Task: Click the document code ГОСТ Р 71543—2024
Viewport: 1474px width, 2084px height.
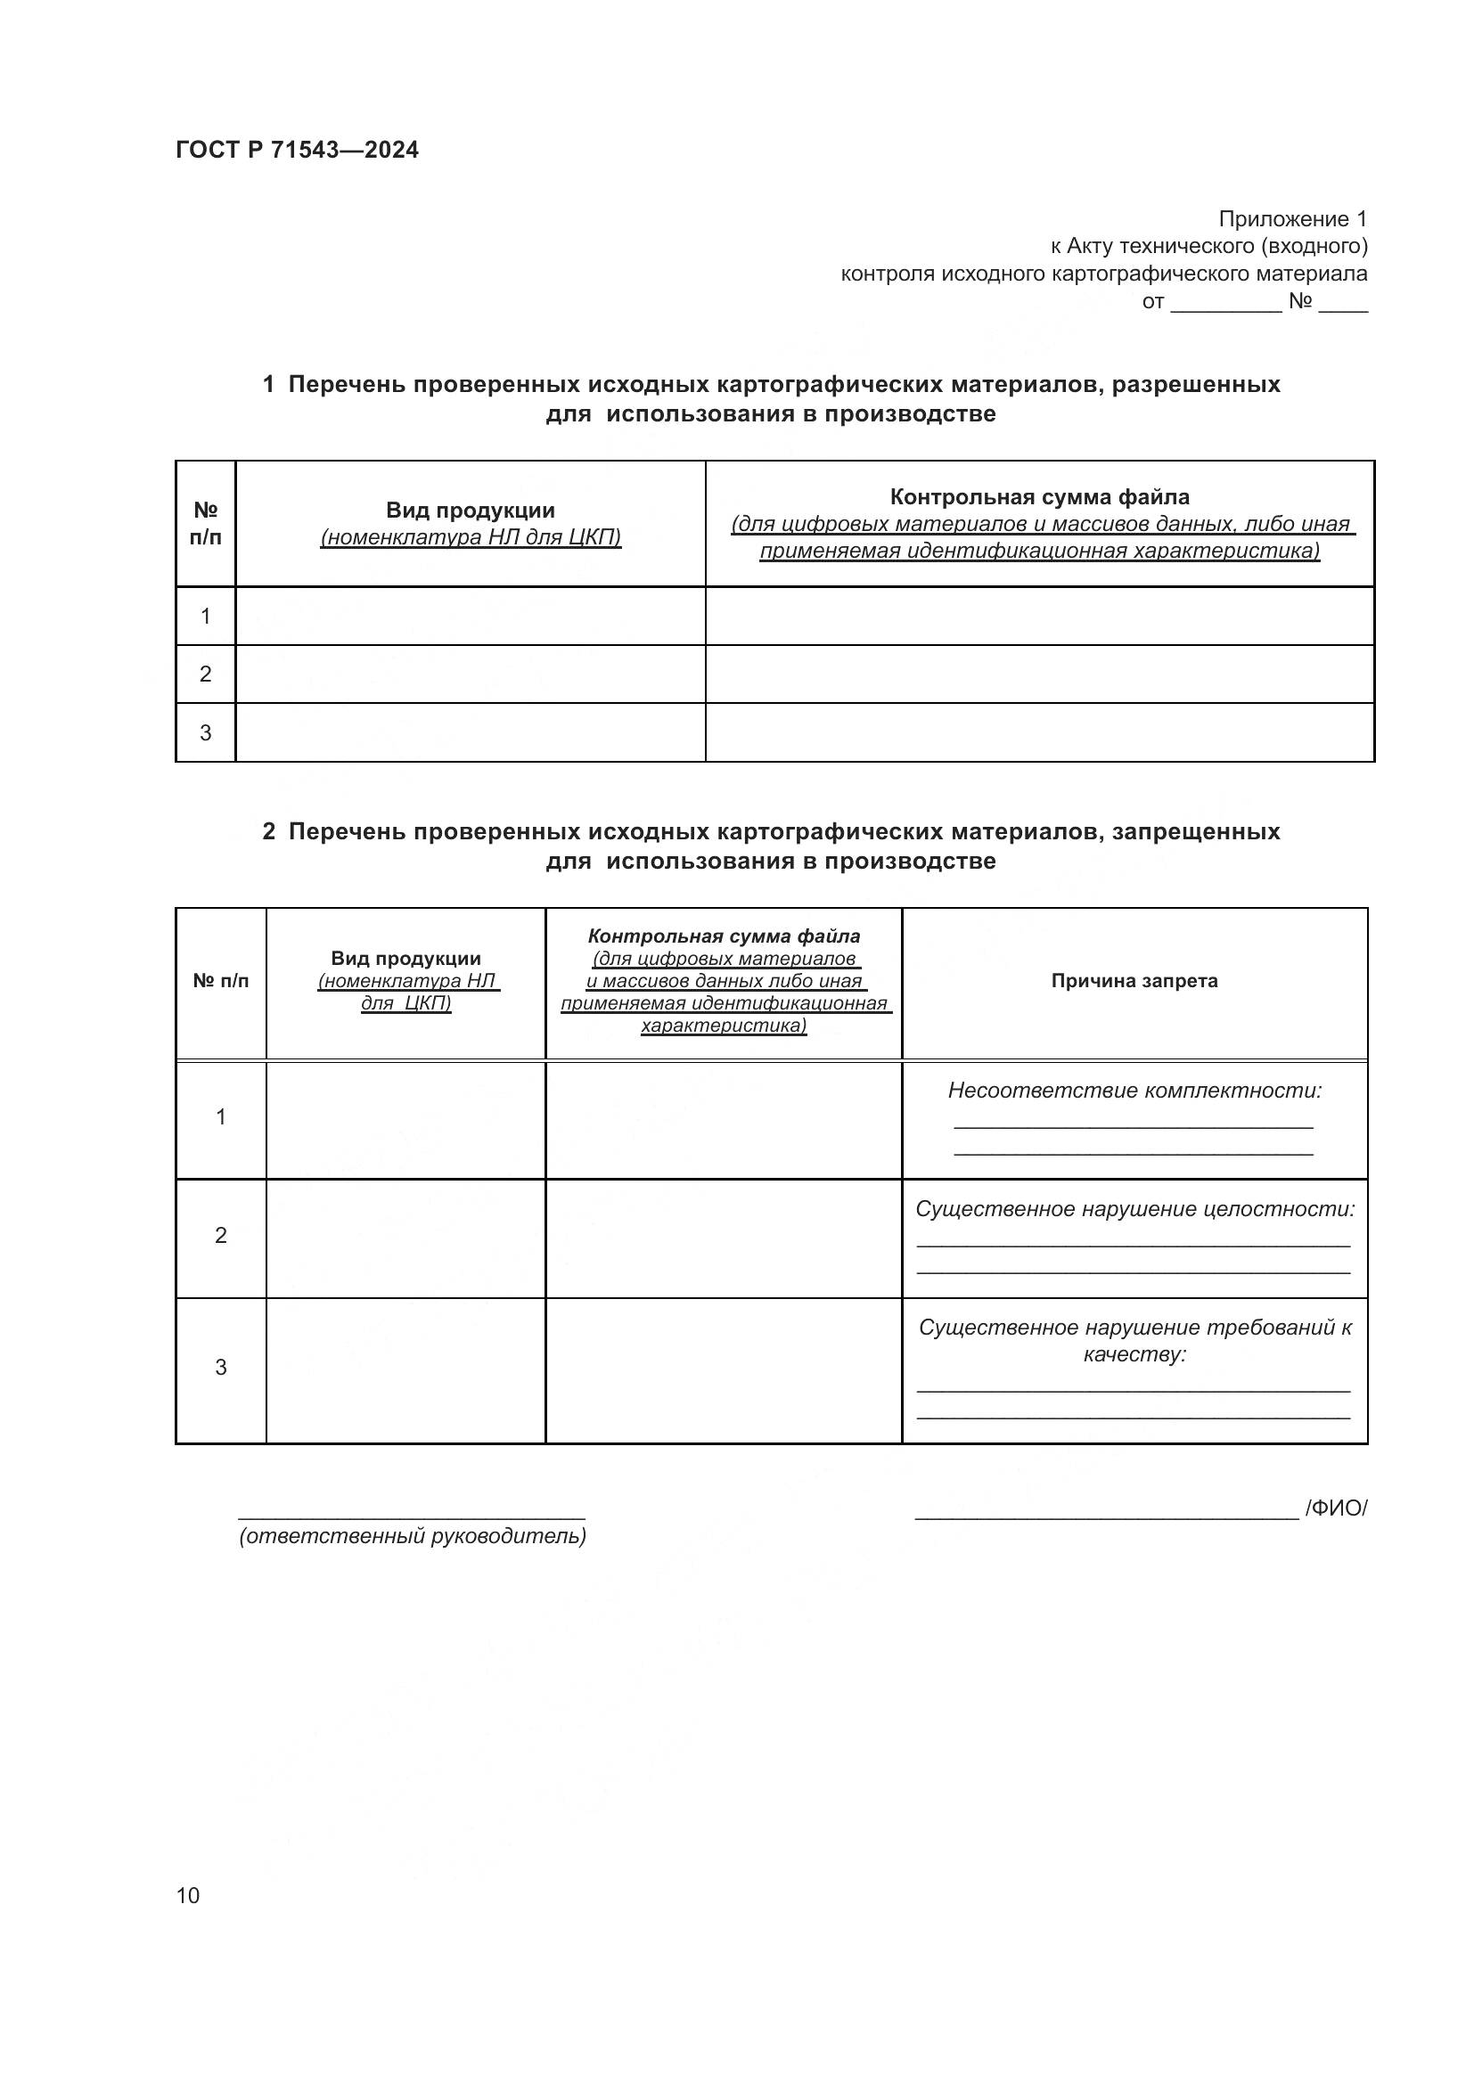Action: pos(297,151)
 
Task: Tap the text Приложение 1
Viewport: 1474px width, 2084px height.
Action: pos(1291,219)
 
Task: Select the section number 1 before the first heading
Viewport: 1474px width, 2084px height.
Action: pos(268,385)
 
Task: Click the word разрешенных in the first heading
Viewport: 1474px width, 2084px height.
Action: pos(1195,385)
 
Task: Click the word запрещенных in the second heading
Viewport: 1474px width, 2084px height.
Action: pos(1195,831)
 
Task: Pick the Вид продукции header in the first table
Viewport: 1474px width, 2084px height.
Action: pos(471,511)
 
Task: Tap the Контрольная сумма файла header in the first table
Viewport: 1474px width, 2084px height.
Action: pos(1039,497)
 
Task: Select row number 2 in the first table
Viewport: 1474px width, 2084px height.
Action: pos(205,674)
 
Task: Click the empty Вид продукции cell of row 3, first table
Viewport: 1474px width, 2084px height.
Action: pos(471,732)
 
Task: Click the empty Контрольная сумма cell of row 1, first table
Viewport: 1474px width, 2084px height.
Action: pos(1039,617)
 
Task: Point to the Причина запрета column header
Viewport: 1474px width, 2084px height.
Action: pos(1134,981)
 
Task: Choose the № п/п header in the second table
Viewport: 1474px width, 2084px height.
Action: pos(220,981)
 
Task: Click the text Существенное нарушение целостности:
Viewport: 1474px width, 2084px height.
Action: pos(1134,1210)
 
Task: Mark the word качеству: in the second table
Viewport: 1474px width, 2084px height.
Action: pos(1134,1355)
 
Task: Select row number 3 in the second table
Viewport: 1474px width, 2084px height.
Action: pos(220,1368)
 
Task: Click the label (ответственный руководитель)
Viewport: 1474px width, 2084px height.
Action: pos(412,1537)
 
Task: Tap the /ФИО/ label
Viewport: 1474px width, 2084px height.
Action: pos(1335,1508)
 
